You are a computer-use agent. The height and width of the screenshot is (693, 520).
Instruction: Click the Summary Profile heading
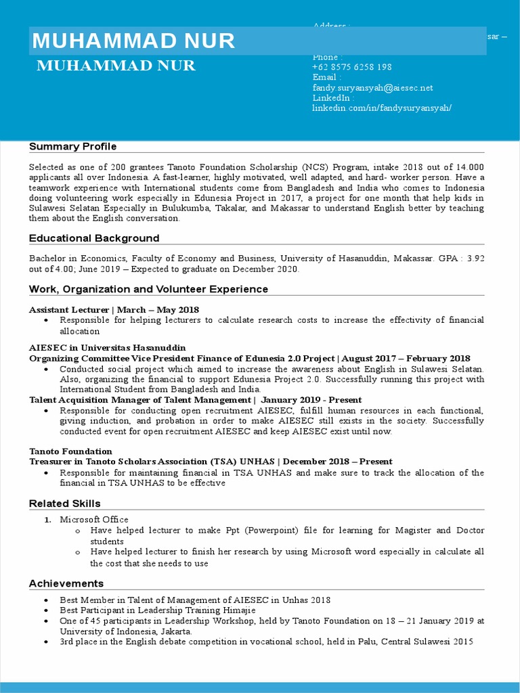pos(72,147)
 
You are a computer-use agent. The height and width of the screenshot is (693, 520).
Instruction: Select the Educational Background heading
pos(94,238)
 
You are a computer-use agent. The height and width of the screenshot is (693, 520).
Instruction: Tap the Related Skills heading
pos(64,504)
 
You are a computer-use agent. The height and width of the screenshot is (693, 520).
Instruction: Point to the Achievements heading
pos(66,583)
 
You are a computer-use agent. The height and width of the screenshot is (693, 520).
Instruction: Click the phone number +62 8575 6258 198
pos(351,67)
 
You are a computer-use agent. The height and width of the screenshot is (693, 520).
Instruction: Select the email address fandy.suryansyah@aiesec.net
pos(372,88)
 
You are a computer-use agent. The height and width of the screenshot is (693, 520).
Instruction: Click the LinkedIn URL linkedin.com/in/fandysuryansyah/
pos(381,108)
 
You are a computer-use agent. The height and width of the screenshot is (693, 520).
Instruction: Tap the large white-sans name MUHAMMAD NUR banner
pos(133,41)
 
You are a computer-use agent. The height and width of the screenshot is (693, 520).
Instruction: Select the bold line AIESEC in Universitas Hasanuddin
pos(107,348)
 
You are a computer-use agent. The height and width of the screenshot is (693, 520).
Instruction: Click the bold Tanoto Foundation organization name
pos(70,451)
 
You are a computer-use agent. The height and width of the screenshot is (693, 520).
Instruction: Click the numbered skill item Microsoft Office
pos(93,520)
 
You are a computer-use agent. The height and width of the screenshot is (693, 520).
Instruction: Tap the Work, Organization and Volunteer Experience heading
pos(148,289)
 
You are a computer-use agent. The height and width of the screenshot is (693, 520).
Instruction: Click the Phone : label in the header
pos(327,57)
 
